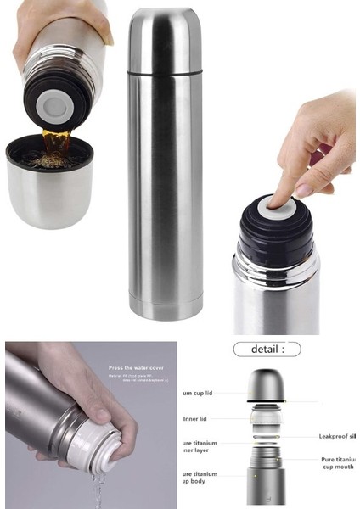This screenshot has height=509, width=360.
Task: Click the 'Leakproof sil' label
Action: point(338,436)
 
